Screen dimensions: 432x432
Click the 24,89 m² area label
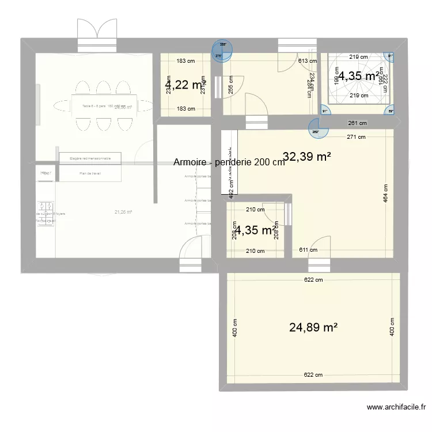pos(313,328)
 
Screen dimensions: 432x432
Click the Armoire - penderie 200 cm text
pos(229,162)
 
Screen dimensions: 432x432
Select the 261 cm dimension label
pos(356,123)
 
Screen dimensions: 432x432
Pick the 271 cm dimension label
pos(356,137)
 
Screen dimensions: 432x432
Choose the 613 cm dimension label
pos(308,60)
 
